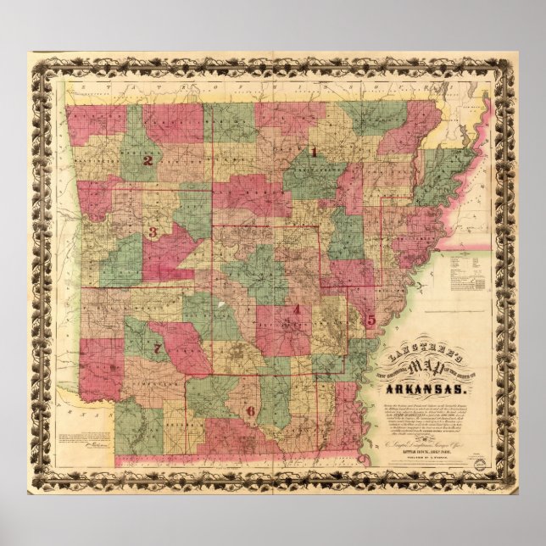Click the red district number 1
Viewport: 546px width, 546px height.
[313, 153]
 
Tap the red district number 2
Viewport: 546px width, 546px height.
[148, 160]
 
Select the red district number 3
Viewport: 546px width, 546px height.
[153, 232]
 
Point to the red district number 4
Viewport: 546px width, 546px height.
[296, 309]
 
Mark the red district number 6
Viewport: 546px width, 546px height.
[250, 411]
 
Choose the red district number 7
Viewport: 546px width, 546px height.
[157, 348]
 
